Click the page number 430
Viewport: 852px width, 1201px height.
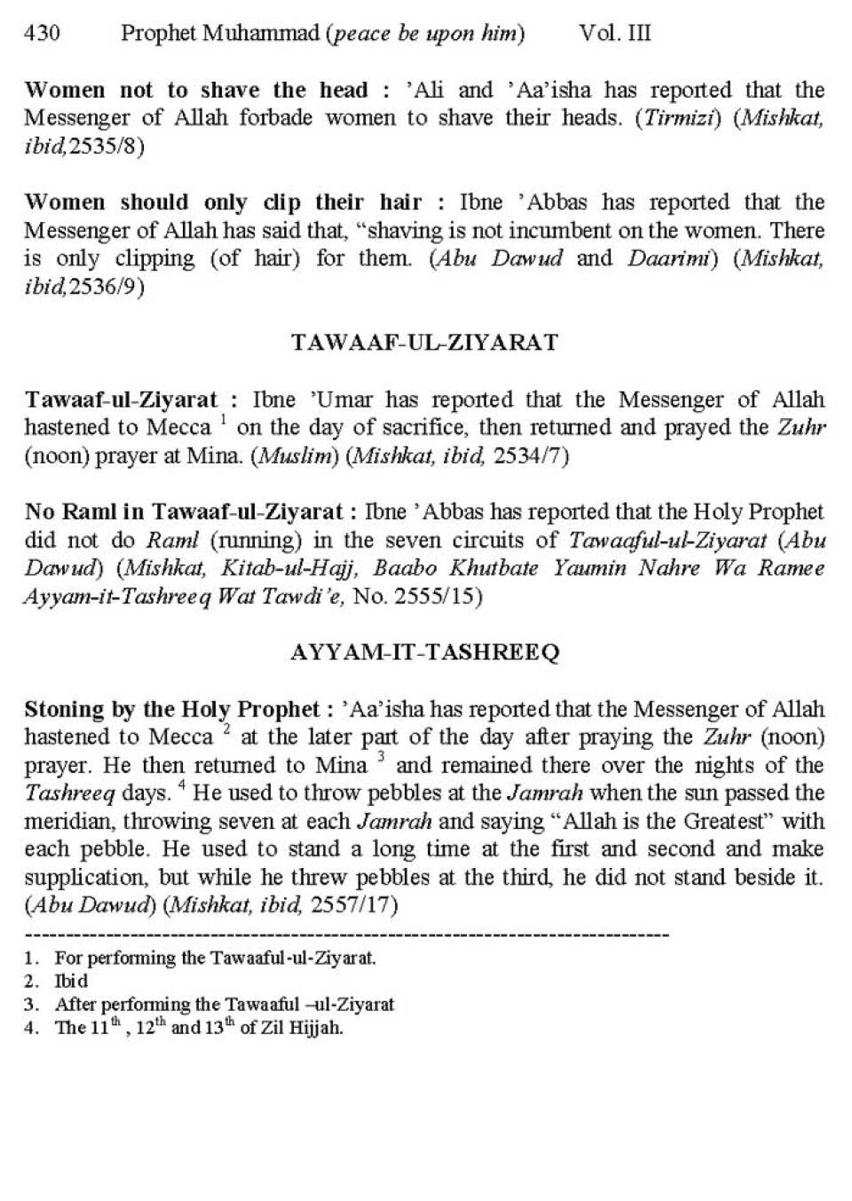(x=42, y=34)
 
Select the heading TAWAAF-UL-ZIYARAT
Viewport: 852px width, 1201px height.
(x=424, y=343)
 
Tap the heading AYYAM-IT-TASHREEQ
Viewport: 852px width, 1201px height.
(x=424, y=652)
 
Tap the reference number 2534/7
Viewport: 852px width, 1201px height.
(x=530, y=456)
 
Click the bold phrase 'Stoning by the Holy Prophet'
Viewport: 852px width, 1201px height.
(x=171, y=709)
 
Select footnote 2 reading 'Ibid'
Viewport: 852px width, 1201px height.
(x=71, y=982)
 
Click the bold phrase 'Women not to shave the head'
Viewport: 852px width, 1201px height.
(x=195, y=91)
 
